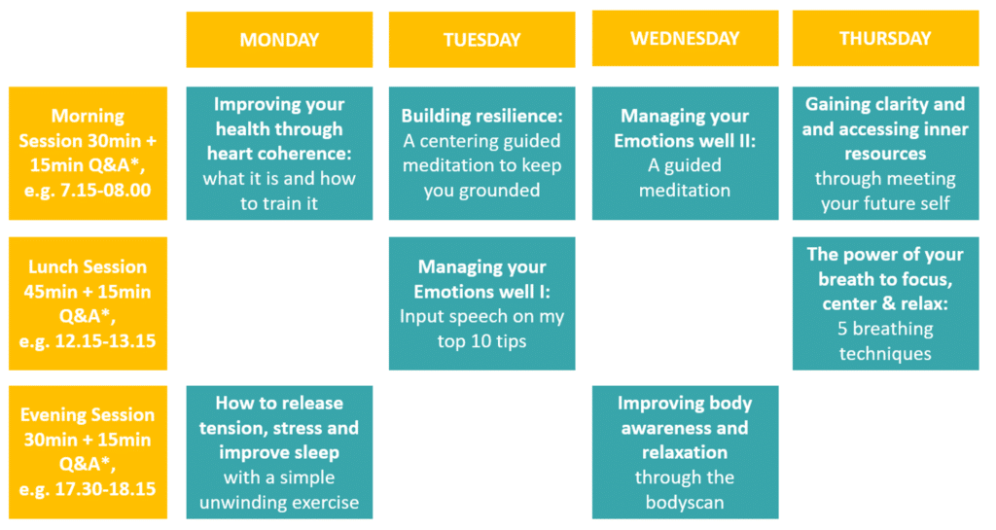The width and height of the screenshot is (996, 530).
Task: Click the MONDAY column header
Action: tap(279, 39)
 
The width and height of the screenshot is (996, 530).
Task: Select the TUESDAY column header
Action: tap(482, 39)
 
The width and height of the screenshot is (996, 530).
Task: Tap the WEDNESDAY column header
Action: tap(686, 38)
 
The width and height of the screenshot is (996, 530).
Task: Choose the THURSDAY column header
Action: tap(885, 38)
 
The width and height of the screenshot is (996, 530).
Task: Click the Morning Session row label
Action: tap(88, 153)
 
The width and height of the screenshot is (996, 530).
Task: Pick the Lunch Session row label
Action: tap(88, 303)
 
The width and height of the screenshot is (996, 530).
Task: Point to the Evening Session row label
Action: tap(88, 452)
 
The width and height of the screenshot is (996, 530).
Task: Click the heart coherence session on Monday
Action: tap(279, 153)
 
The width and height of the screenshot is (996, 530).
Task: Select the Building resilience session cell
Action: tap(482, 153)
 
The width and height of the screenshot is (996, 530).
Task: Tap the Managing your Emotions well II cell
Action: tap(686, 153)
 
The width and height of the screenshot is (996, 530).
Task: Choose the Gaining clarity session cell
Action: tap(885, 153)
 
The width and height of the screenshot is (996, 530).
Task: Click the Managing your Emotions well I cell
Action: tap(482, 303)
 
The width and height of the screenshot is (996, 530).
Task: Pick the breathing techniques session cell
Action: tap(885, 303)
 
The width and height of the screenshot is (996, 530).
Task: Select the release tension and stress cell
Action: tap(279, 452)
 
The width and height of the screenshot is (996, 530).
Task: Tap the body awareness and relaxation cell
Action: tap(686, 452)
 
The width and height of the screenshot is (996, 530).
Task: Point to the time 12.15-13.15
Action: tap(105, 340)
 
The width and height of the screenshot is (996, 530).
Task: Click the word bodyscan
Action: tap(685, 502)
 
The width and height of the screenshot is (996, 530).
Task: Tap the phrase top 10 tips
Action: tap(482, 341)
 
